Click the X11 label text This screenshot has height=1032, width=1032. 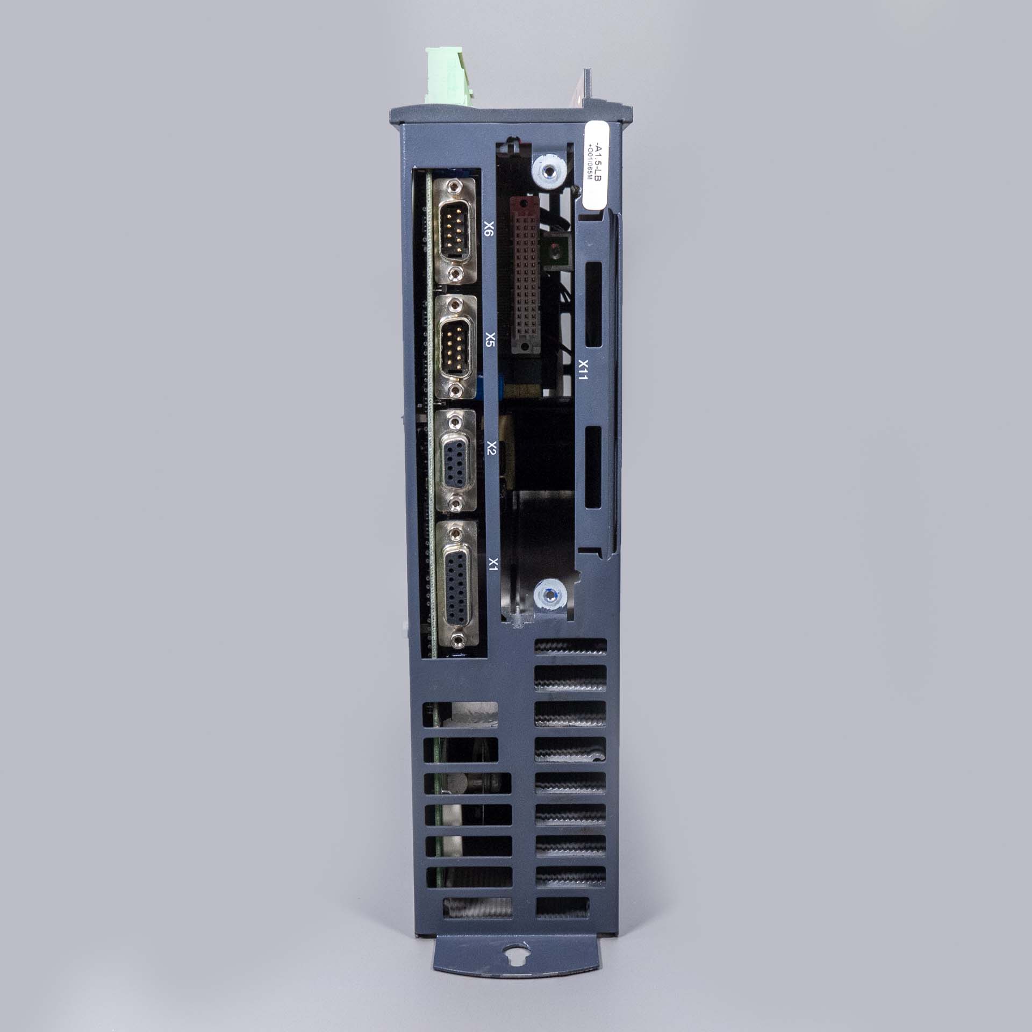582,370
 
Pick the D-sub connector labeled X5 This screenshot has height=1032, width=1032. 456,347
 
